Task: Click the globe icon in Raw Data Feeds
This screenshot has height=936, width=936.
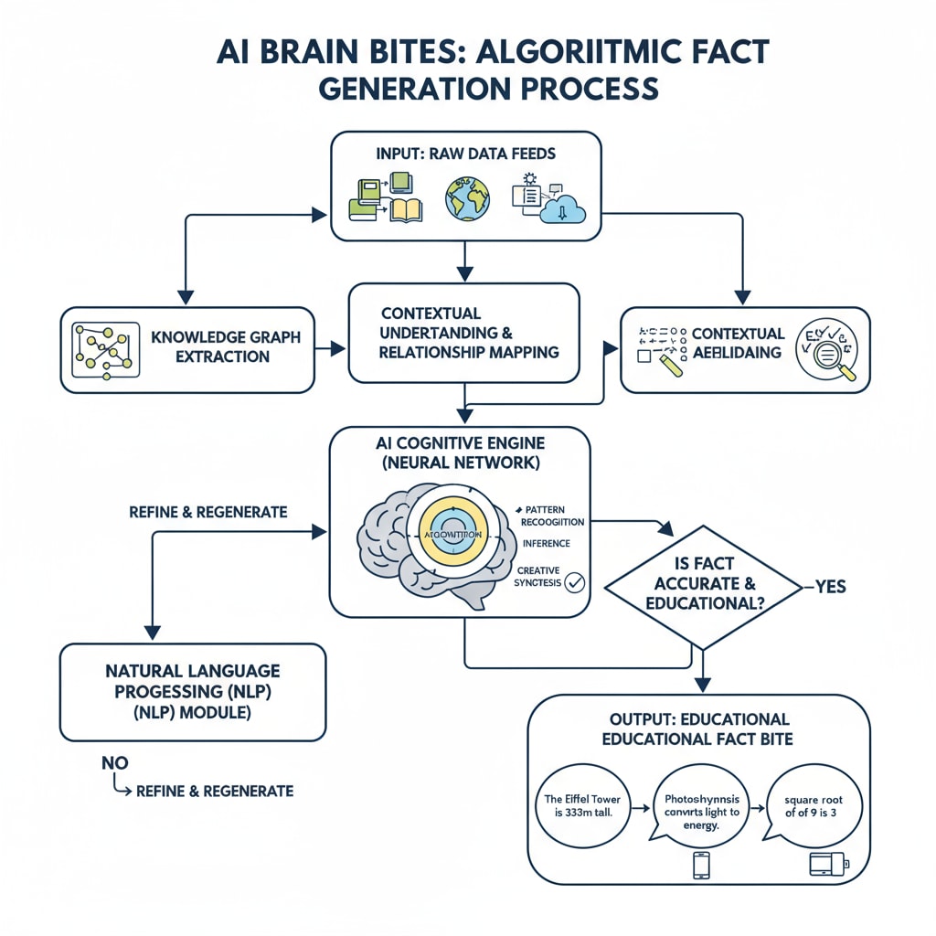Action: coord(467,198)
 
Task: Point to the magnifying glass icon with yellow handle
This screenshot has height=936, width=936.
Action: coord(826,351)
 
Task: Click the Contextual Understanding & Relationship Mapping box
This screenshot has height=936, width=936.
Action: coord(463,333)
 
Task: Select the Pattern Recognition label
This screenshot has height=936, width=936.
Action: coord(551,515)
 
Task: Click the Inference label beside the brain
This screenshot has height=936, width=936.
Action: coord(546,543)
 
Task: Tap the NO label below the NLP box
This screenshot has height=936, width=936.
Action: coord(115,762)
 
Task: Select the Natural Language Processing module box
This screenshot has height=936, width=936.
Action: coord(192,691)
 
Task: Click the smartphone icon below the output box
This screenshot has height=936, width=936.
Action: coord(701,865)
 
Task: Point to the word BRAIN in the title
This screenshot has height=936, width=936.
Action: coord(320,52)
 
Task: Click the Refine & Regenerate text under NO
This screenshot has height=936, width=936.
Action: coord(215,791)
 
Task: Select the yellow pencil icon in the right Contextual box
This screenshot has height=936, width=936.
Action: coord(670,366)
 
